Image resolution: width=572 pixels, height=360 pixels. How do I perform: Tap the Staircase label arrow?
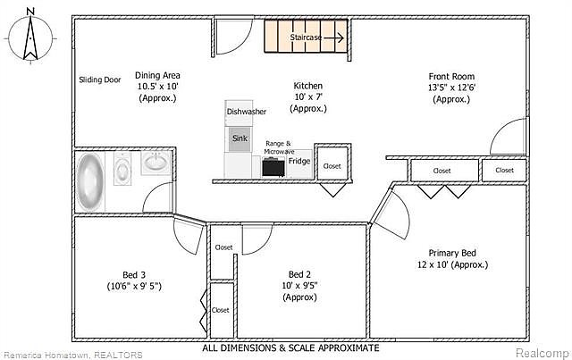pos(334,38)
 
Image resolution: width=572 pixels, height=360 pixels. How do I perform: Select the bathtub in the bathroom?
pos(90,181)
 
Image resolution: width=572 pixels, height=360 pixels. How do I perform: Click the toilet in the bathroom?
pos(122,169)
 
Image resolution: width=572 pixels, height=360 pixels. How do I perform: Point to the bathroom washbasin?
pos(156,163)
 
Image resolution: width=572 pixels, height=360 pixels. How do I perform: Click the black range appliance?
pos(273,167)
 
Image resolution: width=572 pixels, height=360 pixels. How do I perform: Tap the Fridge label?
pos(299,161)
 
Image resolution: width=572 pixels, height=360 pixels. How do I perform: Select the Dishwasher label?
pos(247,112)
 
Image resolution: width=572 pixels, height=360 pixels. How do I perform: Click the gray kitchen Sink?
pos(240,138)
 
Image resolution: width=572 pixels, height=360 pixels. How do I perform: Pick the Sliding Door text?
pos(100,80)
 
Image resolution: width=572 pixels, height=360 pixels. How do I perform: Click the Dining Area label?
pos(157,76)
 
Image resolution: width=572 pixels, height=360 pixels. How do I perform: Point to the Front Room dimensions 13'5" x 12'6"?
pos(451,88)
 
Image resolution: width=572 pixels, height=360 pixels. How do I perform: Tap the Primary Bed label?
pos(452,253)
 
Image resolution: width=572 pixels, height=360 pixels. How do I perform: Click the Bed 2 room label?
pos(299,274)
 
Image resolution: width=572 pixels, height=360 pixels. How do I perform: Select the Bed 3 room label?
pos(134,275)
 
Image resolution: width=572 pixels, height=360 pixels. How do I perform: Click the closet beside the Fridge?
pos(332,163)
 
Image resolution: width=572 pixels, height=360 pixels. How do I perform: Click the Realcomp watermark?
pos(543,353)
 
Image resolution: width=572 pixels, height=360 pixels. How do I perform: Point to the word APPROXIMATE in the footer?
pos(349,347)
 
